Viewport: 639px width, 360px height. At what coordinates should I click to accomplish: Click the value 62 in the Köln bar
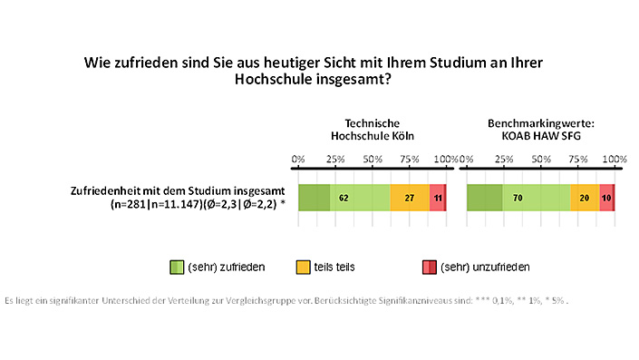coord(344,198)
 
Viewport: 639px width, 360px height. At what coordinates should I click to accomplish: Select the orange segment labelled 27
coord(410,198)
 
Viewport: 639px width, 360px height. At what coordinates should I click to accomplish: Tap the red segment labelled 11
coord(438,198)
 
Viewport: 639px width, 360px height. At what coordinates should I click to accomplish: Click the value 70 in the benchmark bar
coord(518,198)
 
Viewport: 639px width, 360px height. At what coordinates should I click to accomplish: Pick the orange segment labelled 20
coord(584,198)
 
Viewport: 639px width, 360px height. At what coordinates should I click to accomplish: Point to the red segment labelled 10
coord(606,198)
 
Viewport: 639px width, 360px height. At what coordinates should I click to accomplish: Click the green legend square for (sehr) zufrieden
coord(177,267)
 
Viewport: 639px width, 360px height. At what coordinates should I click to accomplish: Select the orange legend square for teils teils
coord(304,267)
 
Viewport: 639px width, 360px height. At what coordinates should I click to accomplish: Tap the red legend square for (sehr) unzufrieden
coord(429,267)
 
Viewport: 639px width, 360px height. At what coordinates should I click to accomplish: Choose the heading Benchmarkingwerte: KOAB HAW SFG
coord(540,129)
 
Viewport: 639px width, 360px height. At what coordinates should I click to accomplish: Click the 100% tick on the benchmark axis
coord(615,160)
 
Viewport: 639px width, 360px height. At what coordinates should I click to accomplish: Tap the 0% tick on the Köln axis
coord(298,160)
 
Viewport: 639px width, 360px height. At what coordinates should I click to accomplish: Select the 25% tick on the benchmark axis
coord(503,160)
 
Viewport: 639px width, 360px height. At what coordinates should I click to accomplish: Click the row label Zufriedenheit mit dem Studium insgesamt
coord(178,190)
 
